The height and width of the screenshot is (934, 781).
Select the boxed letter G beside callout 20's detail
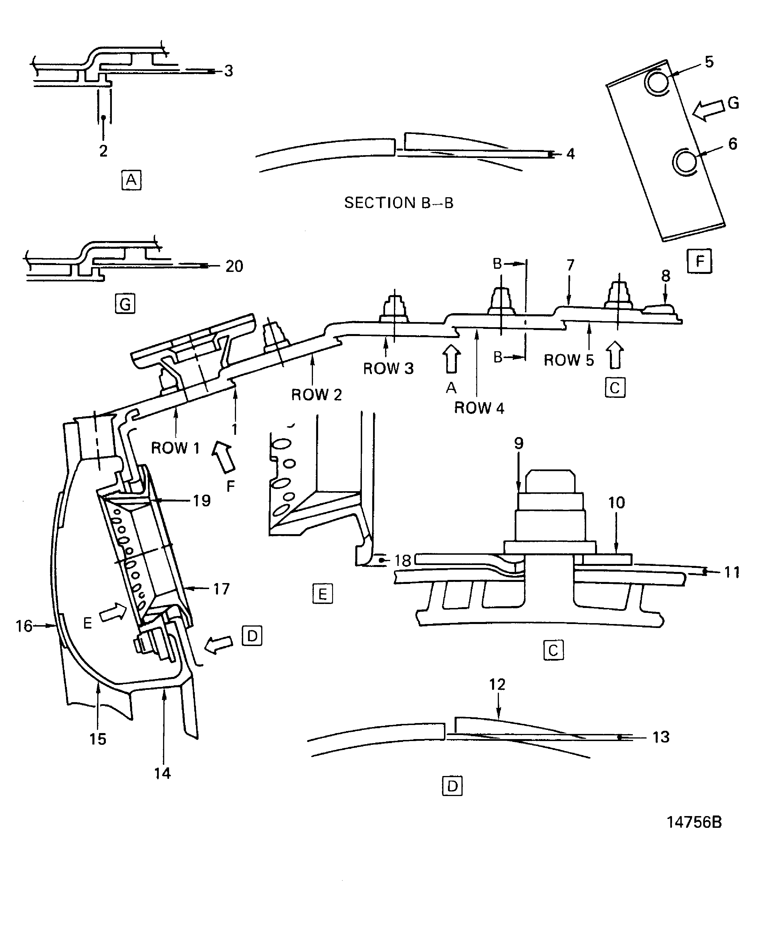pos(125,304)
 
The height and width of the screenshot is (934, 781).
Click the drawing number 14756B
pos(694,822)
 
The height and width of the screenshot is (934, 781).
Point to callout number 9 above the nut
pos(519,443)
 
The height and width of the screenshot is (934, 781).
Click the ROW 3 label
pos(388,368)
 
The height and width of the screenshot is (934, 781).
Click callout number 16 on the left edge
pos(24,626)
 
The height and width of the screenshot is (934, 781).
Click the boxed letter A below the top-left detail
pos(131,180)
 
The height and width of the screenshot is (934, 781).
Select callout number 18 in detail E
pos(403,560)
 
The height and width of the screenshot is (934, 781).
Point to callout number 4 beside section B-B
pos(571,154)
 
